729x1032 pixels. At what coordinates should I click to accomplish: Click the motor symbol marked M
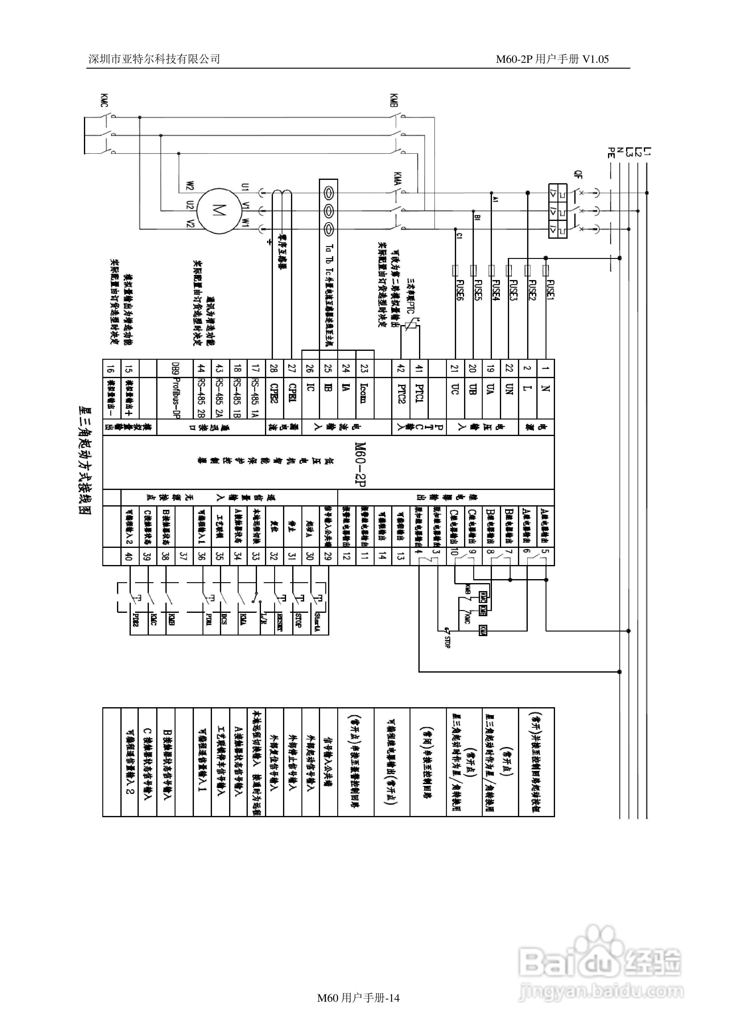tap(219, 211)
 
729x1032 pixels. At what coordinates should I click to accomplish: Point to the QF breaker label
tap(578, 174)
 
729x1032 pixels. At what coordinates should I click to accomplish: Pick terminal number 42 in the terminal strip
tap(401, 369)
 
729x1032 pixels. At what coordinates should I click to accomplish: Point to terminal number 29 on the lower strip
tap(328, 556)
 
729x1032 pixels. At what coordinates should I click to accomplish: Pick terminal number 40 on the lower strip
tap(129, 556)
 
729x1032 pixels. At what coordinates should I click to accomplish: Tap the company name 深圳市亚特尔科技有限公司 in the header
tap(154, 59)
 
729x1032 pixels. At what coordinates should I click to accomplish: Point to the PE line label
tap(610, 153)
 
